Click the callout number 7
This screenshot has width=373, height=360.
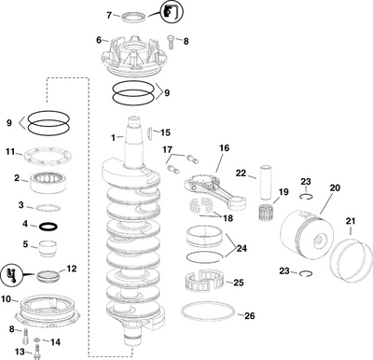point(108,16)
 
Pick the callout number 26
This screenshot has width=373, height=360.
point(248,316)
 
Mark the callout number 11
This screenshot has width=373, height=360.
point(10,152)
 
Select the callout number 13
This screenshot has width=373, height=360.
point(19,351)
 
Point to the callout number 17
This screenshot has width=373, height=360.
point(167,149)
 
